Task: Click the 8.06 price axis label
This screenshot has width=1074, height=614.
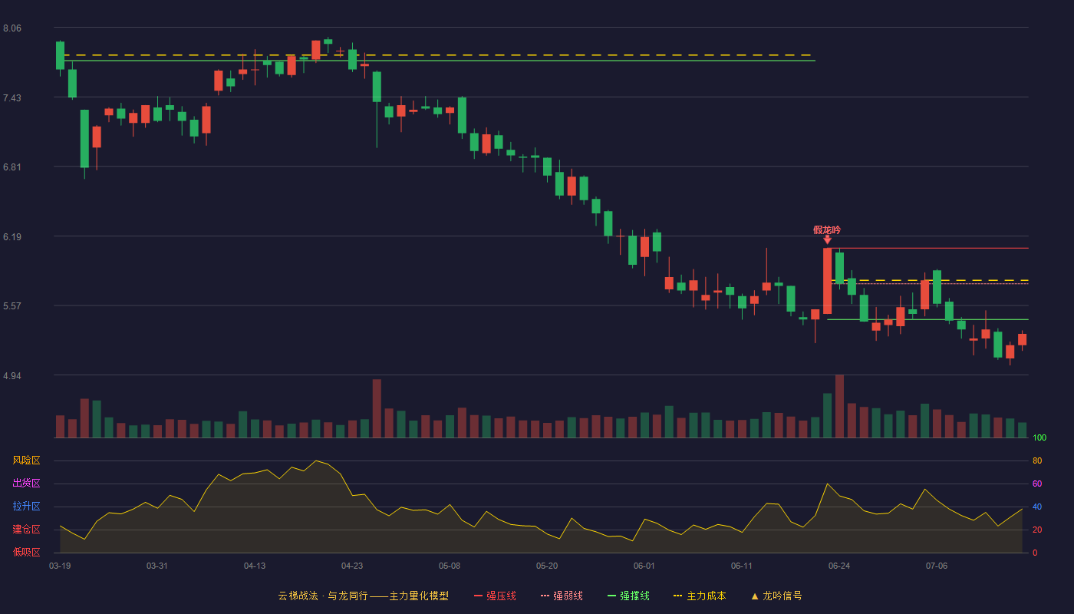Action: click(x=12, y=28)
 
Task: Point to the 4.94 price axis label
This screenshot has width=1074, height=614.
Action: click(x=12, y=375)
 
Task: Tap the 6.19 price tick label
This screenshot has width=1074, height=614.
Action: click(x=12, y=237)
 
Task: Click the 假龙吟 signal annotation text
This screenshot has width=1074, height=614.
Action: click(x=827, y=229)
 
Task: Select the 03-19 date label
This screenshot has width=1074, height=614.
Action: click(x=60, y=566)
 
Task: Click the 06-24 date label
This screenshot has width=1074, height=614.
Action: click(x=839, y=566)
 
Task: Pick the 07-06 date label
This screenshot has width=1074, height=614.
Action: click(x=937, y=566)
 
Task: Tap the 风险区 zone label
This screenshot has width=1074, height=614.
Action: click(x=26, y=460)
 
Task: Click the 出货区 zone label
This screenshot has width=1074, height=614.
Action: click(x=26, y=483)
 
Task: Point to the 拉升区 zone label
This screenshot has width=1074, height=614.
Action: click(x=26, y=506)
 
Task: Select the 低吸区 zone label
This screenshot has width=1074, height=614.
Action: click(x=26, y=552)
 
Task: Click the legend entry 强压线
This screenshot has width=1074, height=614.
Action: click(x=495, y=596)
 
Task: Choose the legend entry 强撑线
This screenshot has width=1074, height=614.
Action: click(x=628, y=596)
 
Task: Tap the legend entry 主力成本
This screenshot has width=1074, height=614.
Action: click(x=700, y=596)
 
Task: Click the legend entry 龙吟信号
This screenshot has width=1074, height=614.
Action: click(x=776, y=596)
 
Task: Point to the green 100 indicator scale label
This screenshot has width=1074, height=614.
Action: click(x=1039, y=437)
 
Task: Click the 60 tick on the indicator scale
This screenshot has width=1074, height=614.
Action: click(x=1037, y=484)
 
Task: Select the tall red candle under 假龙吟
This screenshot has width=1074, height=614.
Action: click(x=827, y=281)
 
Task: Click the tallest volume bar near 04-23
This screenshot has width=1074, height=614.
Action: click(x=377, y=408)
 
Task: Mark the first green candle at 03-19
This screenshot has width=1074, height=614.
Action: click(x=60, y=55)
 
